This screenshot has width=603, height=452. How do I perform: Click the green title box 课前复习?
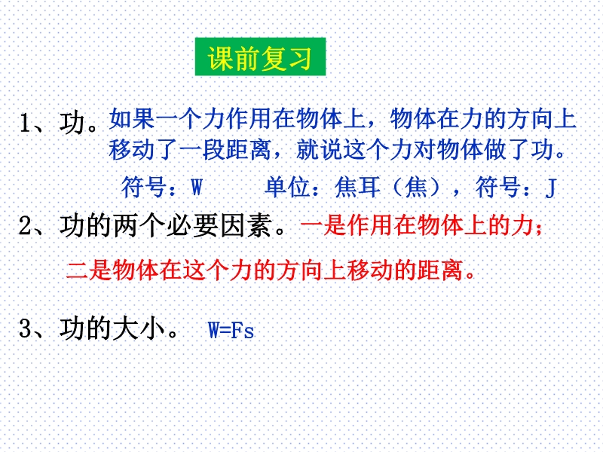pos(260,56)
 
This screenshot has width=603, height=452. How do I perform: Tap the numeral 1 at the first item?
pos(26,124)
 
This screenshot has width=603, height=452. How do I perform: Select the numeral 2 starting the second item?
pos(25,225)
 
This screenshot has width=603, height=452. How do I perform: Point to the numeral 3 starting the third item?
pos(25,328)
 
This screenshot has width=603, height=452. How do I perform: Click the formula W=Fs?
pos(231,330)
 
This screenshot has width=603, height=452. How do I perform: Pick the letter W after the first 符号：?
pos(197,187)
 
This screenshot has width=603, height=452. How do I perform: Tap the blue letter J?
pos(551,188)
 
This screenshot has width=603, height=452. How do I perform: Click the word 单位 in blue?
pos(288,187)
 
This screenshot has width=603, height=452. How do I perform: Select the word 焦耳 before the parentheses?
pos(357,187)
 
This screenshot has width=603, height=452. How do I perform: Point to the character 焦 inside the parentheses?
pos(417,187)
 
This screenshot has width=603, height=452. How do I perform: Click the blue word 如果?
pos(131,118)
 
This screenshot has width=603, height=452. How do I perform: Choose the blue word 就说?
pos(319,149)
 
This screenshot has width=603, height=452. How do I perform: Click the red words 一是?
pos(323,224)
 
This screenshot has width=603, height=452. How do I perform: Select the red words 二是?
pos(89,270)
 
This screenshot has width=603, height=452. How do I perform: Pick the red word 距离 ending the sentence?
pos(440,270)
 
